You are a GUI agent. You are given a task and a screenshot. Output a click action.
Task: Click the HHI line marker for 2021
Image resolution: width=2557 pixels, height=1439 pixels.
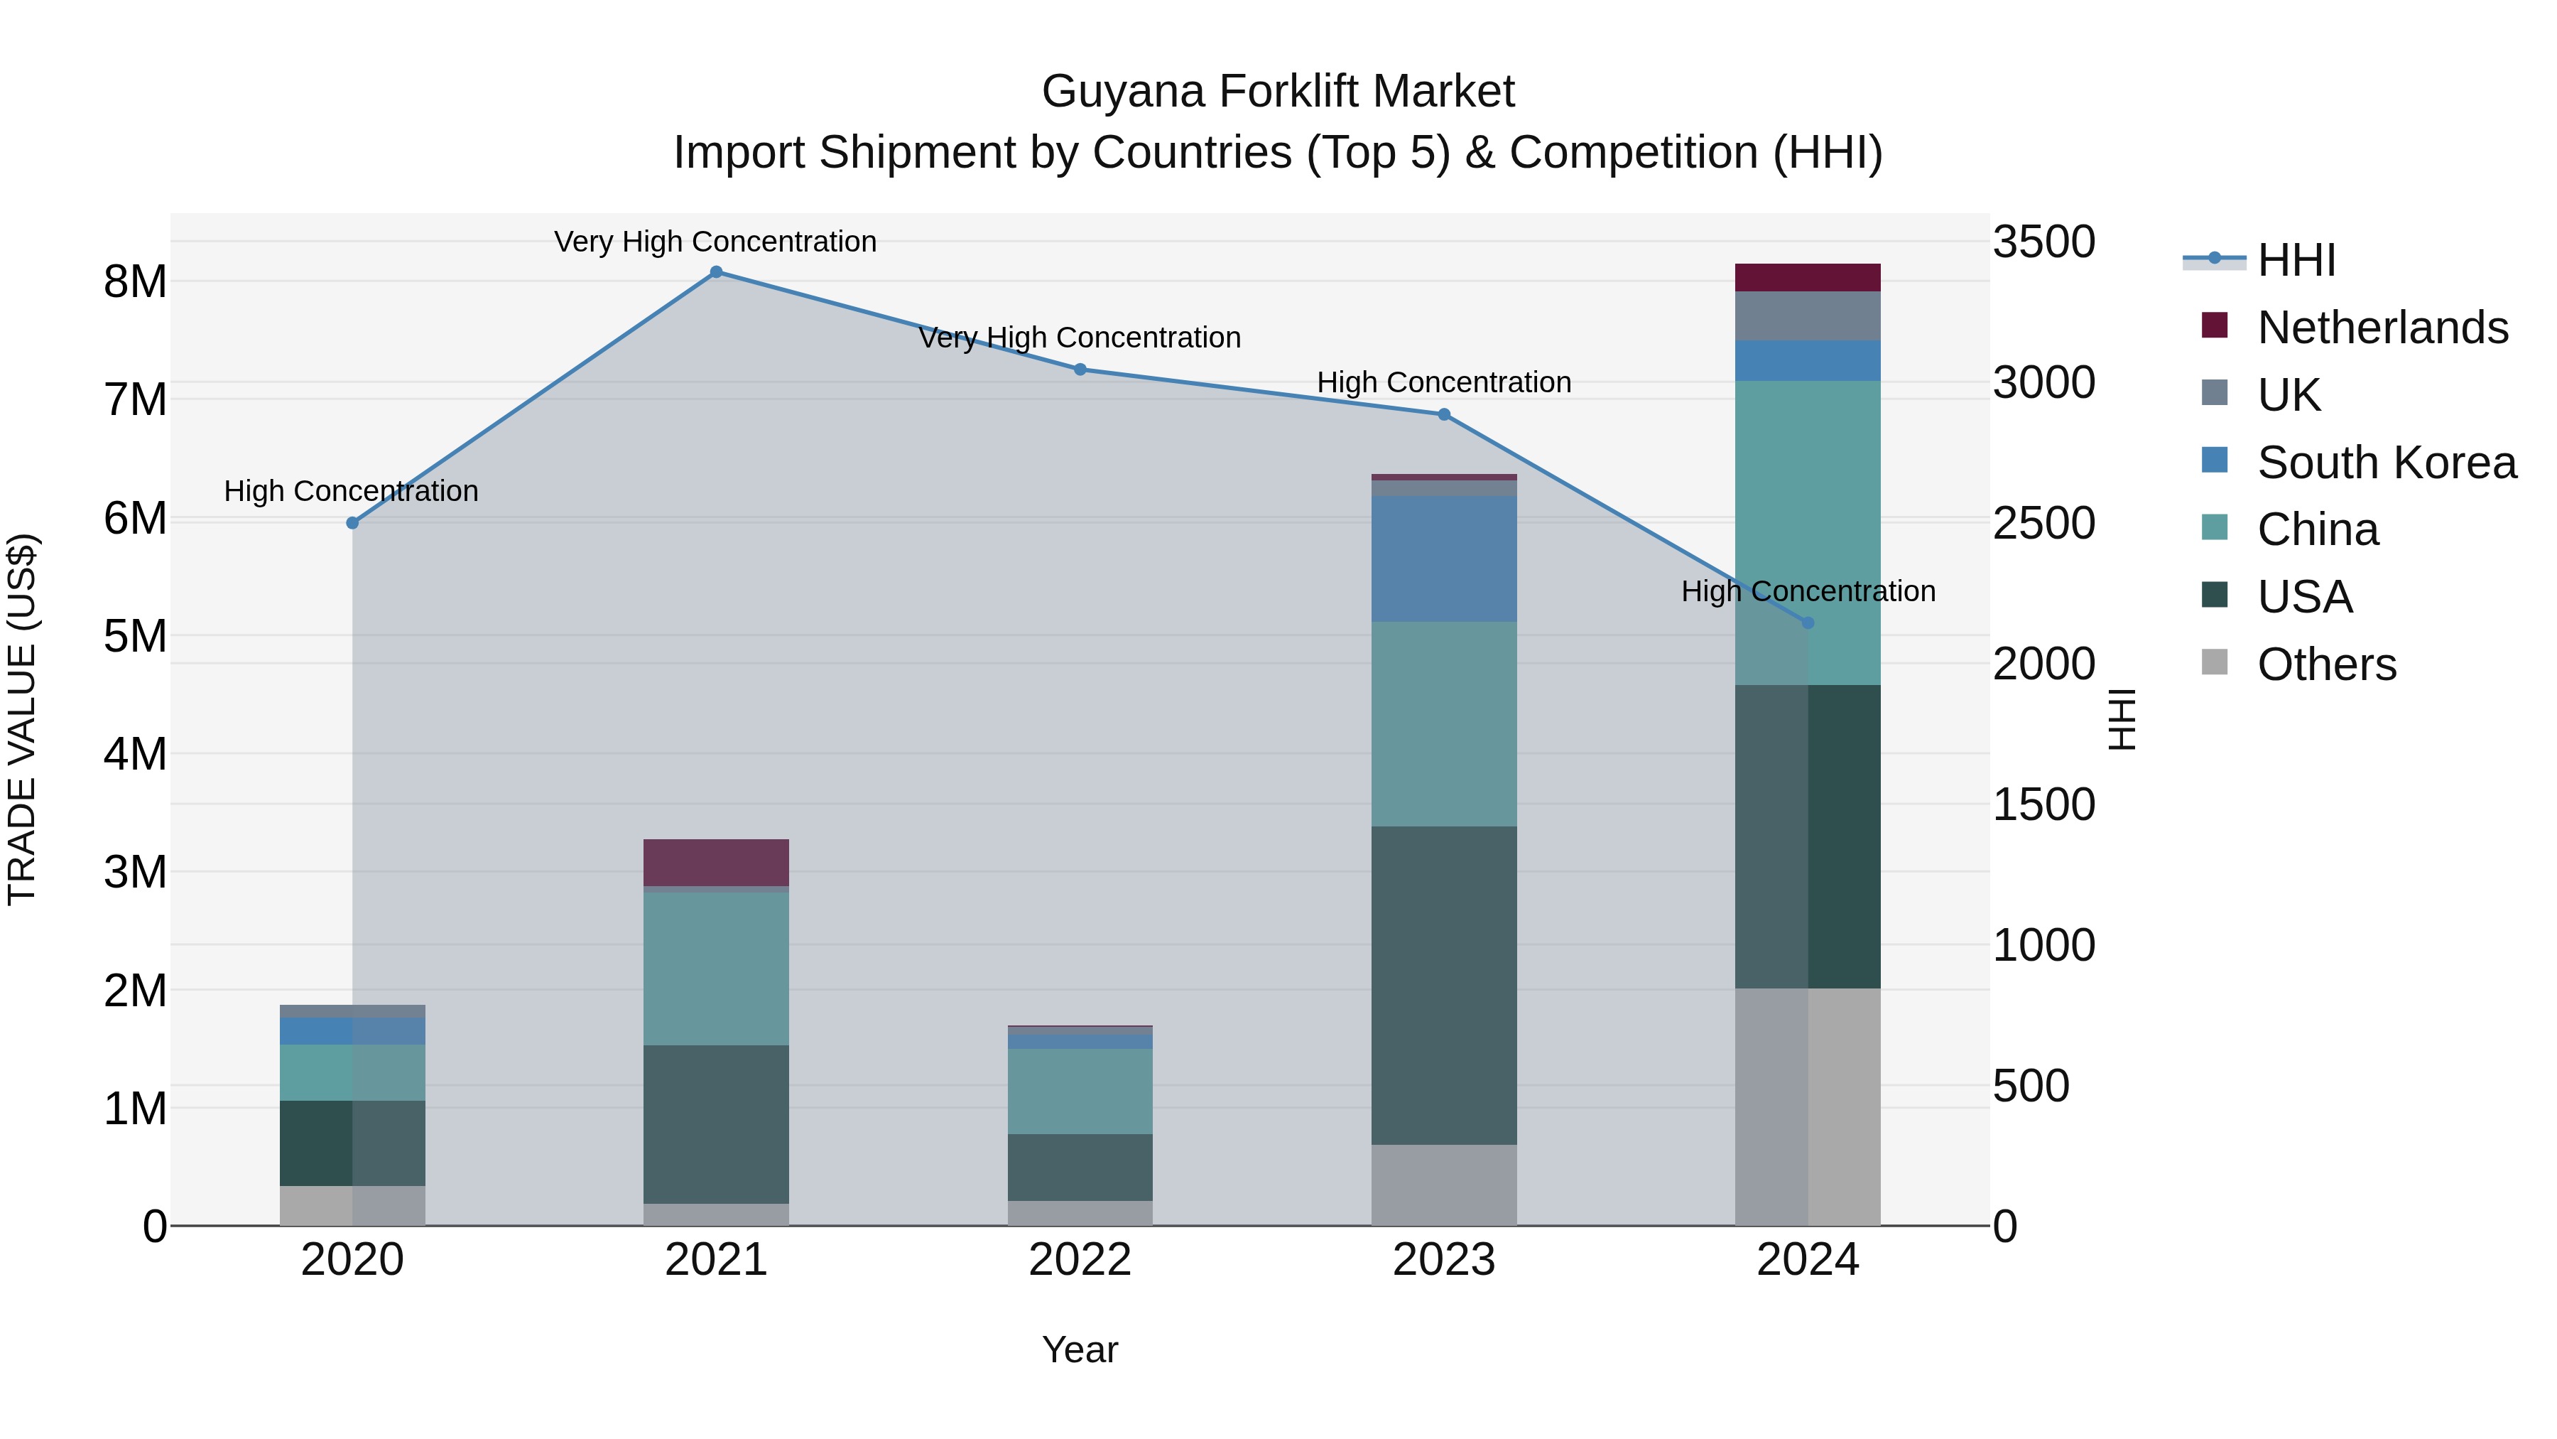716,272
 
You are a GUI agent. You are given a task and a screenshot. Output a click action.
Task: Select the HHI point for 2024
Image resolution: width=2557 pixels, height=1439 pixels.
1808,623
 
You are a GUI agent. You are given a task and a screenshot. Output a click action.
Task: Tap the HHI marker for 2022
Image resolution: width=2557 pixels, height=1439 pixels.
1080,370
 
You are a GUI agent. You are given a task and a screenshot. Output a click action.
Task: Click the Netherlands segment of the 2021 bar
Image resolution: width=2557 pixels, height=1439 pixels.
716,862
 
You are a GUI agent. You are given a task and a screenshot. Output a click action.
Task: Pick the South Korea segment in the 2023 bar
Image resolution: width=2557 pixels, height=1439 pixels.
1443,559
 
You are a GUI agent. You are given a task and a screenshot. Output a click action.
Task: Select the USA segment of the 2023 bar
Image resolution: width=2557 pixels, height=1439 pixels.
1443,985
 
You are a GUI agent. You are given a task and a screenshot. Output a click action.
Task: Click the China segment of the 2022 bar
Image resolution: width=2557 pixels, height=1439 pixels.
1080,1090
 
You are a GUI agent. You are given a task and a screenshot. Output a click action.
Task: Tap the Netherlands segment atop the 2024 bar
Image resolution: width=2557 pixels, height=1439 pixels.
1808,277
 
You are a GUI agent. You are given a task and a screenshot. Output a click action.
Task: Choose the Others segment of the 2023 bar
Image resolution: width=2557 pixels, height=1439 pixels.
1443,1185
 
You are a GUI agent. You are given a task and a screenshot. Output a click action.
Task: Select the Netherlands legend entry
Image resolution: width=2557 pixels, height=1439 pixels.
2382,327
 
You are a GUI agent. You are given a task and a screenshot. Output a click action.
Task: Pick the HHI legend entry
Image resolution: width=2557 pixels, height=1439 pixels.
2295,260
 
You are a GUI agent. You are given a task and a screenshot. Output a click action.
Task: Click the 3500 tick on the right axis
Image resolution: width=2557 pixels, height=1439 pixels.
2043,242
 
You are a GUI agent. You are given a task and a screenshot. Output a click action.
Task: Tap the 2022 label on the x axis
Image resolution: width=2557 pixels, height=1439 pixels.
1080,1260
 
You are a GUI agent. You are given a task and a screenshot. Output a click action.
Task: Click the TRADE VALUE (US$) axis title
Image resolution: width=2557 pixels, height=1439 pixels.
22,719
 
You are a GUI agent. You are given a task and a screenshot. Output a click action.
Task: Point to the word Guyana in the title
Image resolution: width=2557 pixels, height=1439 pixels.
1123,92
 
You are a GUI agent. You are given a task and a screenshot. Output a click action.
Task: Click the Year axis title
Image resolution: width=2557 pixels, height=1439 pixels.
1080,1349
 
